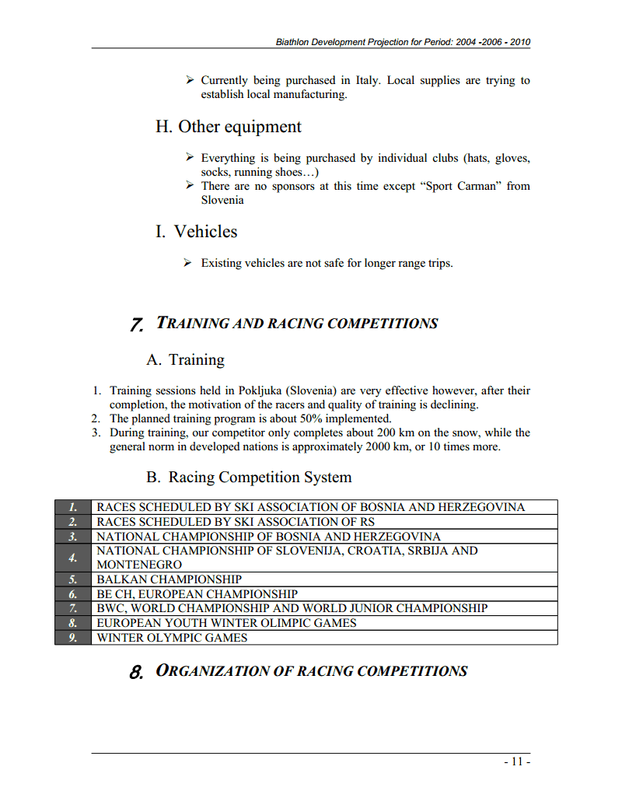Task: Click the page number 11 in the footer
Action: (518, 762)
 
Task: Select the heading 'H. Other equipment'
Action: (228, 127)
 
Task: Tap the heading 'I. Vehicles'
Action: (196, 232)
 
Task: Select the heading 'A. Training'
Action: (185, 360)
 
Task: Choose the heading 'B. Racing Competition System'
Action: (249, 478)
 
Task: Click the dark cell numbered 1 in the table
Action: (73, 507)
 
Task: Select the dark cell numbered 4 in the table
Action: (73, 558)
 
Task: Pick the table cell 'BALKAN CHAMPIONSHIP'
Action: (169, 579)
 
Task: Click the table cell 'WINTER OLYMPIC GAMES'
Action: (172, 638)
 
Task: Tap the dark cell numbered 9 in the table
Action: (73, 638)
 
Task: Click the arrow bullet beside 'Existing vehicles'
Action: (188, 263)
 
